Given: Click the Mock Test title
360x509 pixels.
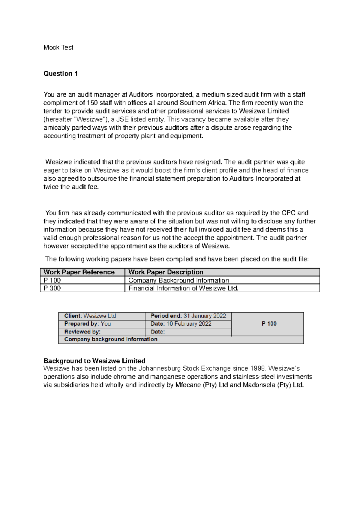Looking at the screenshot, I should [x=58, y=47].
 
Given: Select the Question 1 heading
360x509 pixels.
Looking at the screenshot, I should [x=61, y=74].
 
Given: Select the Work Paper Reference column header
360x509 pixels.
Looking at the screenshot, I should [x=79, y=272].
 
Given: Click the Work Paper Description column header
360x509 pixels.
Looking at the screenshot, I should [x=166, y=272].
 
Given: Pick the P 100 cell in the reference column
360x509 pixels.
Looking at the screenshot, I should [x=52, y=280].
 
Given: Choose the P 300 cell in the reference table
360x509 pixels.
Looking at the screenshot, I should [x=52, y=288].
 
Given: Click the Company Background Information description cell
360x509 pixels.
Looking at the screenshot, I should [x=178, y=280].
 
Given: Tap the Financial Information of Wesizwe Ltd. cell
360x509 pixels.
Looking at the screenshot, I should [x=183, y=288].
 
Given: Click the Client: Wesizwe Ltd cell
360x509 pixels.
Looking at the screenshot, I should [x=90, y=316].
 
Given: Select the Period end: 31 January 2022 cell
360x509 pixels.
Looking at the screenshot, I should [x=188, y=316].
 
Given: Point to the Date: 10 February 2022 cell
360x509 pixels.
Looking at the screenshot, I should [x=181, y=324].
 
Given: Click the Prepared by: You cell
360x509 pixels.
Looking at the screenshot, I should [x=88, y=324].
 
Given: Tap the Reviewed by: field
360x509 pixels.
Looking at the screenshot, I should [x=82, y=332].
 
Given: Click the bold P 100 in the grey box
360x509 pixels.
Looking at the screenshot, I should [x=269, y=324].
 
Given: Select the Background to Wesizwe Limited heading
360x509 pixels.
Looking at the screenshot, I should [x=94, y=361].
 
